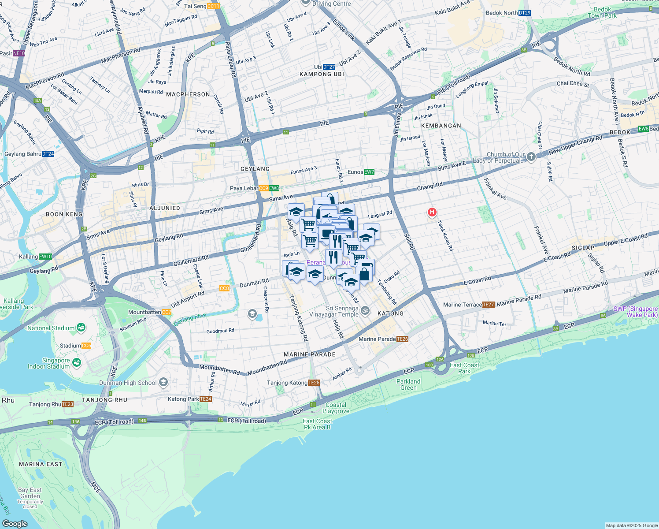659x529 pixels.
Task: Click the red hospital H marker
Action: [432, 212]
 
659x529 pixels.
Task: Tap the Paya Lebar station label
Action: [244, 188]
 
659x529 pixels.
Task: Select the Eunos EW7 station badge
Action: [369, 172]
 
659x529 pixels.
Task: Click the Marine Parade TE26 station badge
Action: [402, 339]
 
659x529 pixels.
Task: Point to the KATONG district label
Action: [390, 313]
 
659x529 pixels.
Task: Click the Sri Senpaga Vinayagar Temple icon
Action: [365, 311]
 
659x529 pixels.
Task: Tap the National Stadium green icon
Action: [81, 328]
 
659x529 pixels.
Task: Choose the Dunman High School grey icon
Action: [163, 382]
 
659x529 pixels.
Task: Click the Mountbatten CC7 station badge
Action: [167, 312]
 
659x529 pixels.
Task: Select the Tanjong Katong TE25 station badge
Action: [314, 383]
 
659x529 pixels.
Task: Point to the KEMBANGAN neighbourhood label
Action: [441, 126]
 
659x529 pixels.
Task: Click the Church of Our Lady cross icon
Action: [531, 157]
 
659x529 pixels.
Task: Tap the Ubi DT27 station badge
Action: [329, 67]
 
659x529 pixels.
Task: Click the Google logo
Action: [15, 523]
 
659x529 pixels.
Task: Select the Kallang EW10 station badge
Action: [45, 257]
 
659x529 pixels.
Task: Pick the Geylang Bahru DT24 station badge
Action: [48, 154]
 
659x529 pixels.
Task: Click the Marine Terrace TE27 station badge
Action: [489, 305]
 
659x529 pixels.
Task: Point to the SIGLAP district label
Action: [583, 248]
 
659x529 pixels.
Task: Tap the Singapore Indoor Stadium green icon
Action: [77, 363]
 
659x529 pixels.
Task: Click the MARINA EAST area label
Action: [41, 464]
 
